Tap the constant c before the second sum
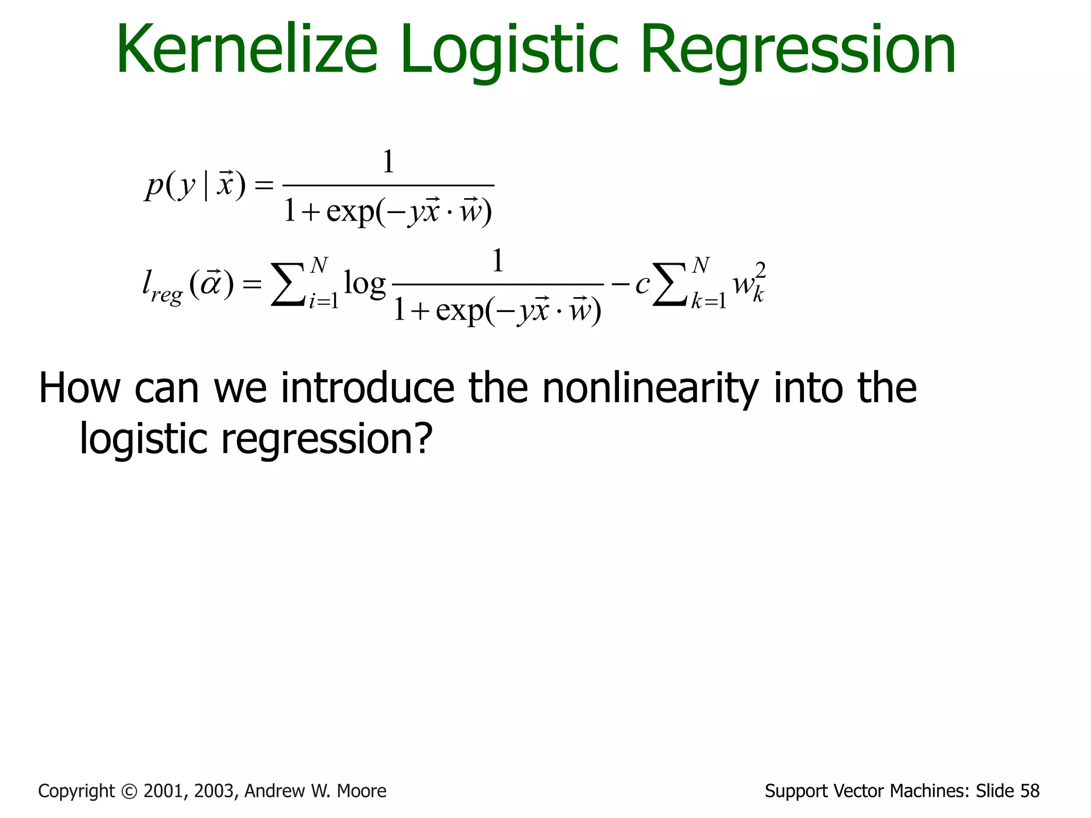[641, 284]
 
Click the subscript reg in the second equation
[166, 294]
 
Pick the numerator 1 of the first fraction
[388, 162]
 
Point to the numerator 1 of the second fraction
[498, 261]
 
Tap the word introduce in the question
[368, 388]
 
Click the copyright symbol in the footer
[129, 791]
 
